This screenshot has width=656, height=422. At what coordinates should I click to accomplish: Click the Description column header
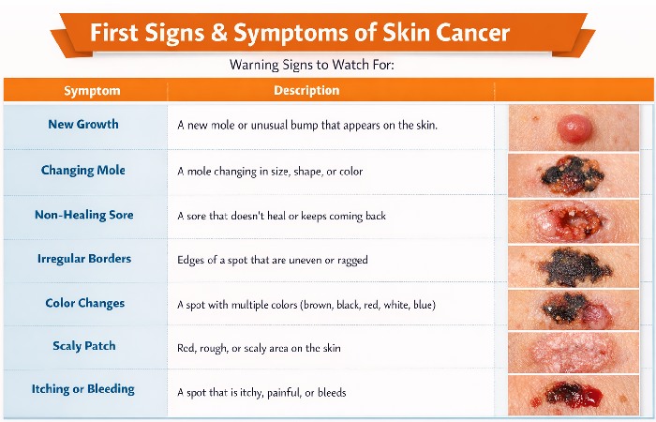(x=306, y=91)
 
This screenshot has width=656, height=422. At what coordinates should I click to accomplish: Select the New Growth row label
(x=83, y=125)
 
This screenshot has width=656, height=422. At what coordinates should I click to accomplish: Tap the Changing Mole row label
(x=83, y=171)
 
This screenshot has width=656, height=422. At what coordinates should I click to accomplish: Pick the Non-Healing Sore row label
(x=84, y=215)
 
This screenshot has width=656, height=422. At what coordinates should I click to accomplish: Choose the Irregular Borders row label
(x=84, y=259)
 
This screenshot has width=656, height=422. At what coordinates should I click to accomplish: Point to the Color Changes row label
(x=84, y=303)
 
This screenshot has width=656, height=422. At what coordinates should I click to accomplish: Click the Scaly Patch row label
(x=84, y=346)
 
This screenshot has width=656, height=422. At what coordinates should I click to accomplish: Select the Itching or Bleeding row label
(x=83, y=389)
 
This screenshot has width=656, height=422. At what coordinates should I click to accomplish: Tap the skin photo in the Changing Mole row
(x=574, y=173)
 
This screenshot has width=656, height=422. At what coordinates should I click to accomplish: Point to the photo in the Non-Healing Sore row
(x=574, y=219)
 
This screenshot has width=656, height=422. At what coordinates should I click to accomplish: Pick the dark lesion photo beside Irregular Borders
(x=574, y=264)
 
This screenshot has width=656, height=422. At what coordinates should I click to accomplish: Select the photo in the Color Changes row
(x=574, y=308)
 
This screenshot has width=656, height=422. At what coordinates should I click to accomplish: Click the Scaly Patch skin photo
(x=574, y=351)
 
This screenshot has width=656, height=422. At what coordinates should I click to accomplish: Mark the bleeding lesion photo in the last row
(x=574, y=394)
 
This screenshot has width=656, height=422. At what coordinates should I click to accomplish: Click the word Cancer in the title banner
(x=472, y=33)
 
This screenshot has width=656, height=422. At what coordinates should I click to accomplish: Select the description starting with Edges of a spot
(x=273, y=260)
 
